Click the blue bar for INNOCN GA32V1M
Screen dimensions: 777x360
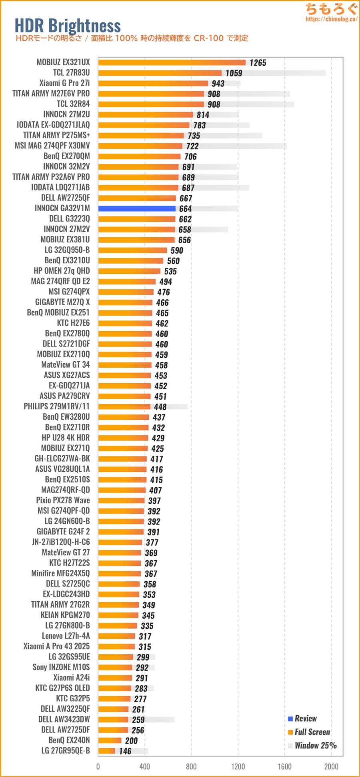click(137, 208)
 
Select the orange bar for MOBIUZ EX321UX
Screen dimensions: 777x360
click(172, 62)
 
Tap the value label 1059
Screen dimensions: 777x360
click(234, 73)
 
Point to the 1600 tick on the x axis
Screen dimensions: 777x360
click(285, 766)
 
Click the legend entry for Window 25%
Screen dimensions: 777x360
click(315, 745)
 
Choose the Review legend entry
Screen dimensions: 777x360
click(305, 719)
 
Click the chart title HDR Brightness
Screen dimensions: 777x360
click(68, 26)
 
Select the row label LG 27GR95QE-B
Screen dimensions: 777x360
click(66, 751)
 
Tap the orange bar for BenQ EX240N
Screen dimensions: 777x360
click(110, 740)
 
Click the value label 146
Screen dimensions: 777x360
click(125, 751)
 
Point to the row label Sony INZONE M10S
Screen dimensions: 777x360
click(61, 667)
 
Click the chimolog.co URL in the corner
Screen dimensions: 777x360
click(331, 19)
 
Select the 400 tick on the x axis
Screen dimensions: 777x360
click(145, 766)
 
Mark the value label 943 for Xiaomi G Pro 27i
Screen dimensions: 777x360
click(218, 84)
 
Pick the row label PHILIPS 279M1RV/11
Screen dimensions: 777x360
click(57, 406)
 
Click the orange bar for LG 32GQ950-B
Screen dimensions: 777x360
click(132, 250)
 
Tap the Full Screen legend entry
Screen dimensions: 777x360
click(312, 732)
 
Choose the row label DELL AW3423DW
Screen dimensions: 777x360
click(64, 719)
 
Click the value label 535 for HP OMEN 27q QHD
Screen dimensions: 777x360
click(170, 271)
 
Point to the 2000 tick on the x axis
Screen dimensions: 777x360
click(331, 766)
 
